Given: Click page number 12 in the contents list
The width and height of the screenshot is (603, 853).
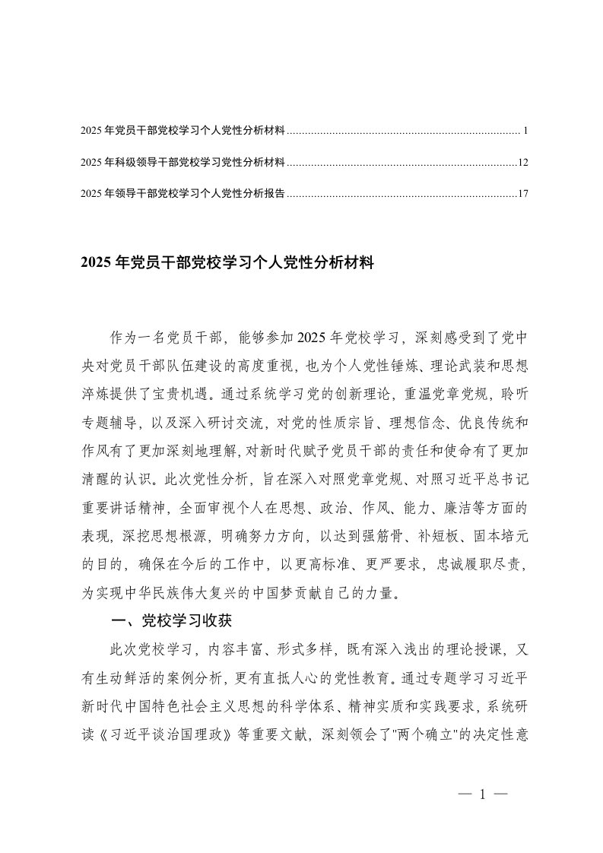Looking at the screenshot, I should [x=522, y=163].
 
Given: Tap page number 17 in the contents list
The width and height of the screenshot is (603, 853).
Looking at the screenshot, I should [x=522, y=193].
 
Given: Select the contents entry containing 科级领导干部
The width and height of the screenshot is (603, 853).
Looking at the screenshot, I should [x=182, y=163].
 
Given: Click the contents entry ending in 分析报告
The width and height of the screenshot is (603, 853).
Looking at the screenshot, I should [x=182, y=193].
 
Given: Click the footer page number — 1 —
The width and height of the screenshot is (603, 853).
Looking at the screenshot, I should [x=483, y=795].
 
